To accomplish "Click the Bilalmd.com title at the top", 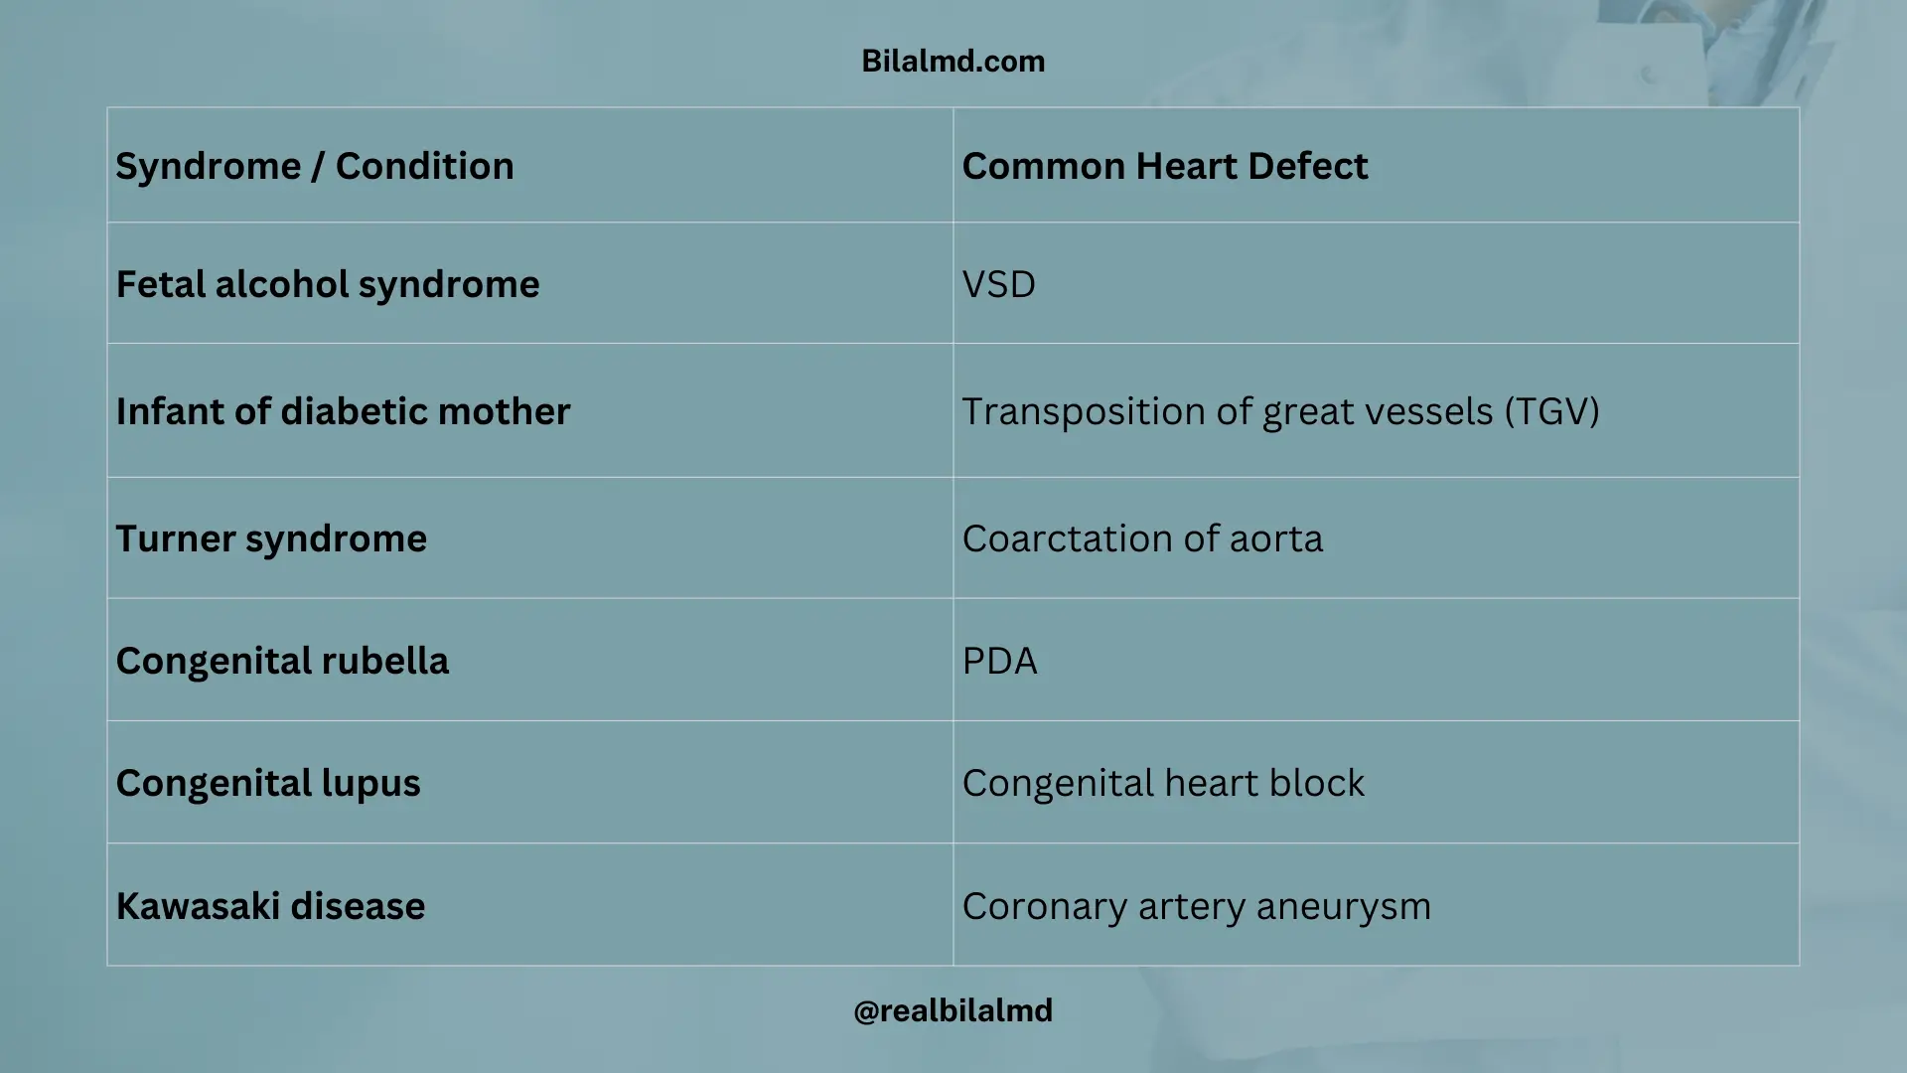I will tap(953, 62).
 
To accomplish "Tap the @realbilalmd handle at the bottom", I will tap(953, 1010).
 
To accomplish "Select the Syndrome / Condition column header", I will tap(315, 166).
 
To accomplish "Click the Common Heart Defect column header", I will tap(1165, 166).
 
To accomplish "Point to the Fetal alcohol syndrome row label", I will tap(328, 285).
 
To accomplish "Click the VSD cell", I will tap(999, 285).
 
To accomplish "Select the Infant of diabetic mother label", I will tap(343, 411).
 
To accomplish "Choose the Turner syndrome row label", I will tap(271, 538).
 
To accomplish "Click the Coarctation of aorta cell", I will tap(1142, 538).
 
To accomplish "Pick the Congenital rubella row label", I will tap(282, 661).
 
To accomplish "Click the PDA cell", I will tap(999, 661).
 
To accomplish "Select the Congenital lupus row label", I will tap(268, 783).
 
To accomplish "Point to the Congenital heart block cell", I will tap(1163, 783).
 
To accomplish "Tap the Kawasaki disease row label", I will tap(270, 906).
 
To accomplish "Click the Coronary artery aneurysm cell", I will tap(1196, 906).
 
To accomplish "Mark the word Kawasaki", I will tap(198, 906).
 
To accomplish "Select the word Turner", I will tap(175, 538).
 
